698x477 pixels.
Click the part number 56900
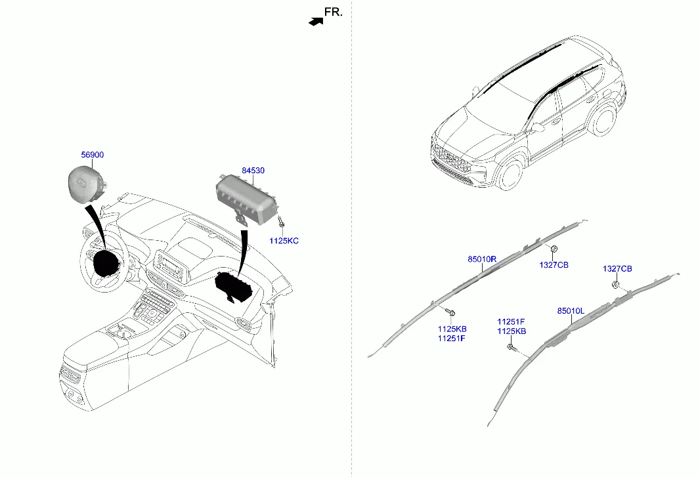point(92,155)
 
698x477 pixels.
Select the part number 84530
point(253,171)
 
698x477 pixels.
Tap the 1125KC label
point(284,241)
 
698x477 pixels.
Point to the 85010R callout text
point(482,260)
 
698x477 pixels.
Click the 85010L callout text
point(571,310)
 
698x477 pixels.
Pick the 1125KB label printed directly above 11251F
point(452,329)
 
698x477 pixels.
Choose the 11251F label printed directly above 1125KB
point(510,321)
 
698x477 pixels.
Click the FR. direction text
point(334,12)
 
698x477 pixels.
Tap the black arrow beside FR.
point(316,21)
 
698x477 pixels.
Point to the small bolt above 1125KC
point(281,222)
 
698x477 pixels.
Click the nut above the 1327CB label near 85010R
point(554,249)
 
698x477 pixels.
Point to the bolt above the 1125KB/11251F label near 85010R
point(450,312)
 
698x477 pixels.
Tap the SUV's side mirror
point(535,127)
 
